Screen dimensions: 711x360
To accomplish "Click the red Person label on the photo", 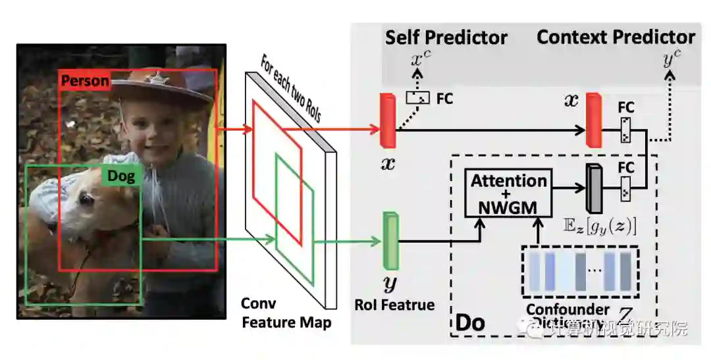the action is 85,82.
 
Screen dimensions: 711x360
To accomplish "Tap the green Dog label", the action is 121,176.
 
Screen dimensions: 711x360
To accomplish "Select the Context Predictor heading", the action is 616,37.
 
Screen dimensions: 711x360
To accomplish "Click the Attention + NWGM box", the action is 508,193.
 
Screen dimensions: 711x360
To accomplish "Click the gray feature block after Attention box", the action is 594,188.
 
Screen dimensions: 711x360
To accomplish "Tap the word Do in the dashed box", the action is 470,322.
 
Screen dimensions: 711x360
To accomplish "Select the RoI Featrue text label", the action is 394,305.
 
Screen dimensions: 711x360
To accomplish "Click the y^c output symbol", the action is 672,60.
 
